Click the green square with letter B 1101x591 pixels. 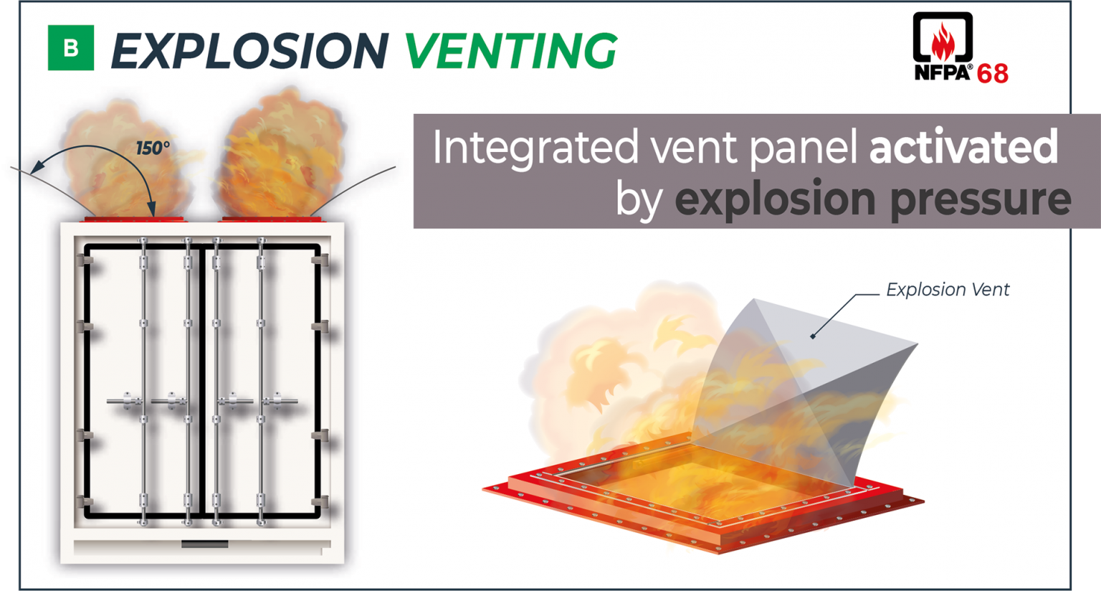click(x=70, y=48)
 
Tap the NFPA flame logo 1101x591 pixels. click(x=943, y=39)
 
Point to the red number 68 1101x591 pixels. click(x=993, y=73)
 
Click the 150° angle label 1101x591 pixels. click(x=153, y=148)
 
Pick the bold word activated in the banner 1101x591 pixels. click(x=963, y=146)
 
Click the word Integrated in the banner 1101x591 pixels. click(x=535, y=148)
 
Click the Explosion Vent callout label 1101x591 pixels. click(x=947, y=290)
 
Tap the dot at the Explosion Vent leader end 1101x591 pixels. click(x=813, y=336)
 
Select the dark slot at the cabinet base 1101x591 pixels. click(x=204, y=544)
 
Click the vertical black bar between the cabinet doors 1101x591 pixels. click(x=202, y=380)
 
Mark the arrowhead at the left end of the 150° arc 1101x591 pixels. click(x=36, y=168)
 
